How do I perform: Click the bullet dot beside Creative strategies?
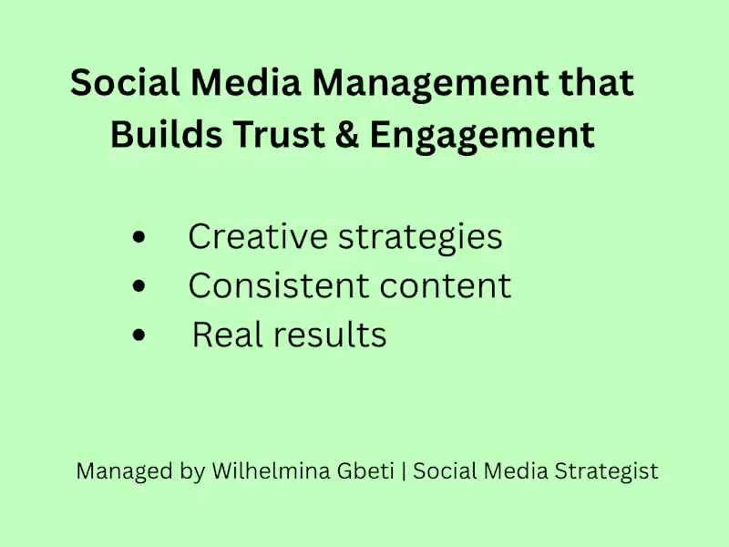click(139, 237)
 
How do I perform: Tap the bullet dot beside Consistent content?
click(139, 286)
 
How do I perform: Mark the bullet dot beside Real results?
click(139, 335)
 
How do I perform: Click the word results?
click(323, 335)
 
